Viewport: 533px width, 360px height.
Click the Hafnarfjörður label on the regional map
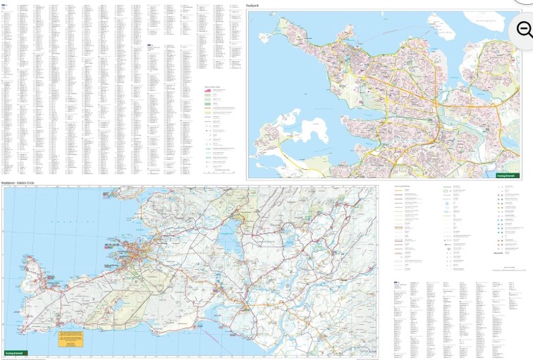[x=121, y=266]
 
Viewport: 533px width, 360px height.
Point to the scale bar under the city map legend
[x=219, y=170]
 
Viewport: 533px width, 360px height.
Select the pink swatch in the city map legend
[x=209, y=90]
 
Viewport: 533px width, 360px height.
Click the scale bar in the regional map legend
[x=508, y=268]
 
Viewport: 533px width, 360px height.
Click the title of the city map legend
[x=213, y=87]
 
